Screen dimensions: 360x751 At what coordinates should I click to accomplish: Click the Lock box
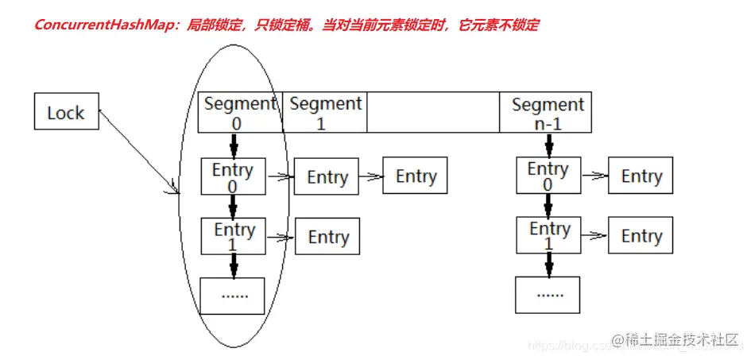65,112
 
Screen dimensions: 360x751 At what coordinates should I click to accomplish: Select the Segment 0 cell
239,112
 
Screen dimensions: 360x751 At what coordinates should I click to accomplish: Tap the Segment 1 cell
325,112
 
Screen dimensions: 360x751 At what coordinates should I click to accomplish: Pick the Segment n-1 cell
548,112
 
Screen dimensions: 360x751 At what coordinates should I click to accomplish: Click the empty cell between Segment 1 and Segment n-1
433,112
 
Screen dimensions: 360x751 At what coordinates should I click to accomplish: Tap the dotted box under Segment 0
234,295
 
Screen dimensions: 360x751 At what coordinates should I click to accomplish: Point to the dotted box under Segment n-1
548,294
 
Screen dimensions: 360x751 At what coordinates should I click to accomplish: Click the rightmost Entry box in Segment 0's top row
416,176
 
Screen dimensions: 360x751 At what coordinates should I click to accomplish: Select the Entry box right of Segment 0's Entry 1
328,237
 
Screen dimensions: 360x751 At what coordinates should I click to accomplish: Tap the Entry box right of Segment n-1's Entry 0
641,176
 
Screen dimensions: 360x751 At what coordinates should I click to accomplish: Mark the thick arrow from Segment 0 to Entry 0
234,145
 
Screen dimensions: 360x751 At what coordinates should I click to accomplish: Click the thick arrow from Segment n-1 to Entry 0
548,145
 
